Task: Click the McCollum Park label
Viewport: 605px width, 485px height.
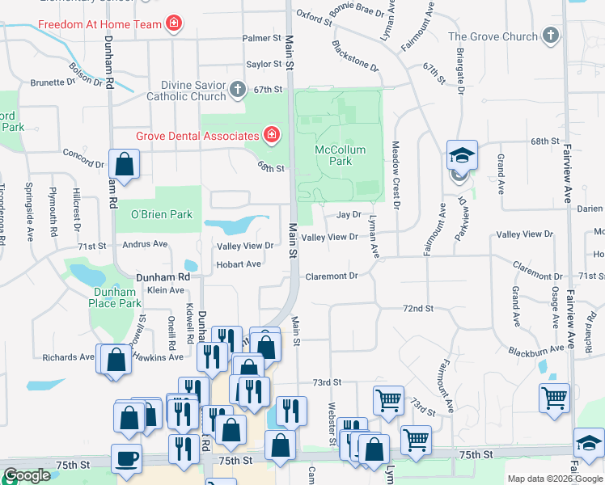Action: tap(340, 155)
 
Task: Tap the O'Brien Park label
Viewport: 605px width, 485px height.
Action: tap(162, 214)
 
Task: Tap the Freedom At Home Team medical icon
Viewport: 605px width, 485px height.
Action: tap(173, 23)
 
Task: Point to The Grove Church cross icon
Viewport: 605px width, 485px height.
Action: tap(550, 36)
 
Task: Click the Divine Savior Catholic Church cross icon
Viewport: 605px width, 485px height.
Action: tap(238, 89)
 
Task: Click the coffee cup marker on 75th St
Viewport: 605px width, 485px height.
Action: tap(126, 458)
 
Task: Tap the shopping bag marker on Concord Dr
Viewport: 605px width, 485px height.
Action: tap(125, 165)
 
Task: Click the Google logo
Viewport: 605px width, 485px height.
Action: tap(27, 475)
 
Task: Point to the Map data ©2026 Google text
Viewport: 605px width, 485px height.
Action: tap(556, 479)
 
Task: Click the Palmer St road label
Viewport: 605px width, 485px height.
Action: tap(260, 38)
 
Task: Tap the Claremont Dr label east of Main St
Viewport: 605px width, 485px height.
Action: tap(331, 276)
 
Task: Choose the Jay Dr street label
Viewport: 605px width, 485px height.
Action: tap(348, 215)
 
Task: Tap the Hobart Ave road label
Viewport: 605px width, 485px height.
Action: tap(238, 264)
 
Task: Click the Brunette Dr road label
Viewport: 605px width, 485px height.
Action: tap(53, 82)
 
